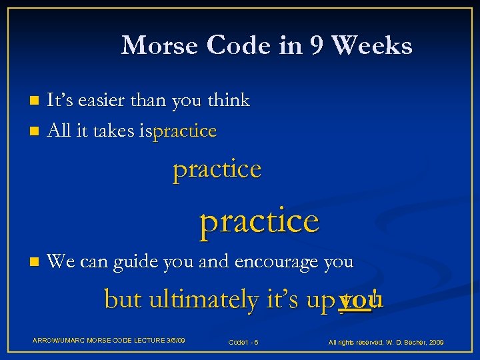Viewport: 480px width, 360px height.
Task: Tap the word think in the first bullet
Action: pyautogui.click(x=228, y=101)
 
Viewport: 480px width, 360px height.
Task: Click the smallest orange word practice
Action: pyautogui.click(x=185, y=132)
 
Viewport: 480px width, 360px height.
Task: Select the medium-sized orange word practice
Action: pyautogui.click(x=217, y=169)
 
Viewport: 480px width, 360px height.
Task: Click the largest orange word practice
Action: pyautogui.click(x=259, y=221)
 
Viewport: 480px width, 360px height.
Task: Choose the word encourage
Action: pyautogui.click(x=276, y=262)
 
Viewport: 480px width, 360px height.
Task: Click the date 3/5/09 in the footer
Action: pyautogui.click(x=171, y=341)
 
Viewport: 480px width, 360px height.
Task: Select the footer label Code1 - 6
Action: pyautogui.click(x=243, y=342)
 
